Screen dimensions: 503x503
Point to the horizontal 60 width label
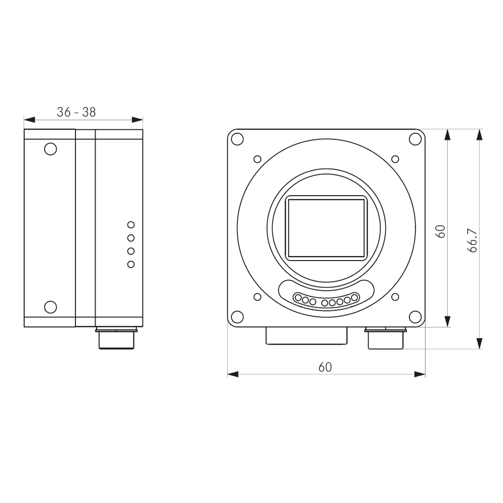point(325,367)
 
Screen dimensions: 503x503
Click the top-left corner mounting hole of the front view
point(237,139)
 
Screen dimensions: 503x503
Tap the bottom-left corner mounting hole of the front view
point(237,316)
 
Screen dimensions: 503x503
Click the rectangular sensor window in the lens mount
point(326,228)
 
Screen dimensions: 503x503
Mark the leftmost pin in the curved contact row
point(298,298)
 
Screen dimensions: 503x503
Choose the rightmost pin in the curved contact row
point(354,298)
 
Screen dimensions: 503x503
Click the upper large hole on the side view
point(50,149)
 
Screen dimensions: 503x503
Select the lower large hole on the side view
point(50,306)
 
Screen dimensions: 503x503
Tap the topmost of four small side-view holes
point(131,224)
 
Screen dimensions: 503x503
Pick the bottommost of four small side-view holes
point(131,265)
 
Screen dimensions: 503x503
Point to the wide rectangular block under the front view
point(306,336)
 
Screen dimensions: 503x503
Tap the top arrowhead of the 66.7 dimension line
point(479,134)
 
